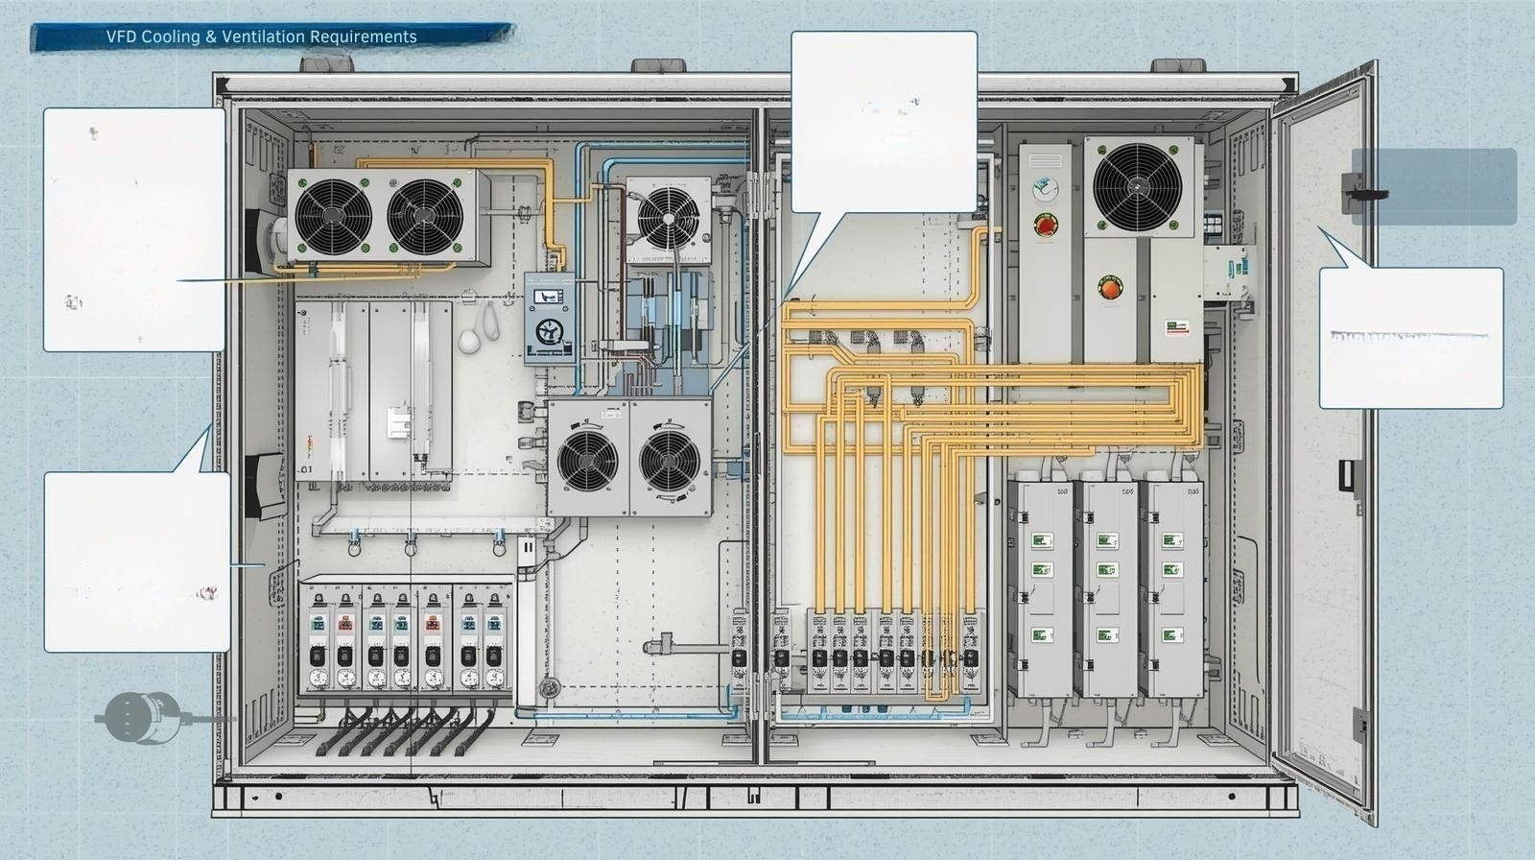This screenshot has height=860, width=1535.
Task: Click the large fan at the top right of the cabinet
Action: [1138, 186]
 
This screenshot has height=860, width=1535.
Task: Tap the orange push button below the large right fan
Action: [1109, 286]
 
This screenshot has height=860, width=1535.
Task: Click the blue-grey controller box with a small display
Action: [550, 318]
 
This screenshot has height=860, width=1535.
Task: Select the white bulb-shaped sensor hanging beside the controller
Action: [470, 342]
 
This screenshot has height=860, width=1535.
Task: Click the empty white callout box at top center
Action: [884, 120]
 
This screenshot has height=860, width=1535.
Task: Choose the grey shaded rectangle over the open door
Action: [1433, 186]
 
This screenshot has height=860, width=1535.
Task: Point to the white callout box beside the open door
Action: [1410, 338]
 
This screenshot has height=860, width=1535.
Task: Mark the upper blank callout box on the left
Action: [134, 228]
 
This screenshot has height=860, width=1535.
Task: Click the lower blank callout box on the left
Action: [137, 561]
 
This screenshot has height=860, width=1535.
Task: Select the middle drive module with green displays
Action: [1108, 587]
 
